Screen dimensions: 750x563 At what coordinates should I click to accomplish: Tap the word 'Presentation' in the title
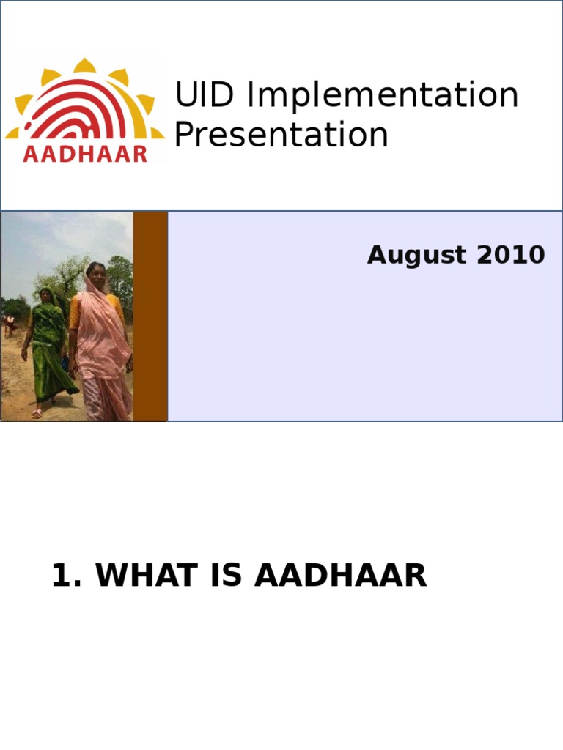coord(281,135)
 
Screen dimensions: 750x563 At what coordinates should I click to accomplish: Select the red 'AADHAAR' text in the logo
coord(85,153)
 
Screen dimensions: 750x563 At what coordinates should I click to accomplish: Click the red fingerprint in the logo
coord(85,110)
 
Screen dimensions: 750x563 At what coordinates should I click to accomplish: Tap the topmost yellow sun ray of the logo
coord(85,66)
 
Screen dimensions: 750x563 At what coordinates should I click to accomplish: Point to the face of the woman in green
coord(46,296)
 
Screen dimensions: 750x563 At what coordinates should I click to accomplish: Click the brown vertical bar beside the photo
coord(150,316)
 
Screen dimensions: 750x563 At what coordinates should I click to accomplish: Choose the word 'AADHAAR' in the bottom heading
coord(340,576)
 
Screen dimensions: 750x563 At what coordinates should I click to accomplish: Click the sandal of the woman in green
coord(37,415)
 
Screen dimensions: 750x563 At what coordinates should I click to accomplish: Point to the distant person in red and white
coord(9,325)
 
